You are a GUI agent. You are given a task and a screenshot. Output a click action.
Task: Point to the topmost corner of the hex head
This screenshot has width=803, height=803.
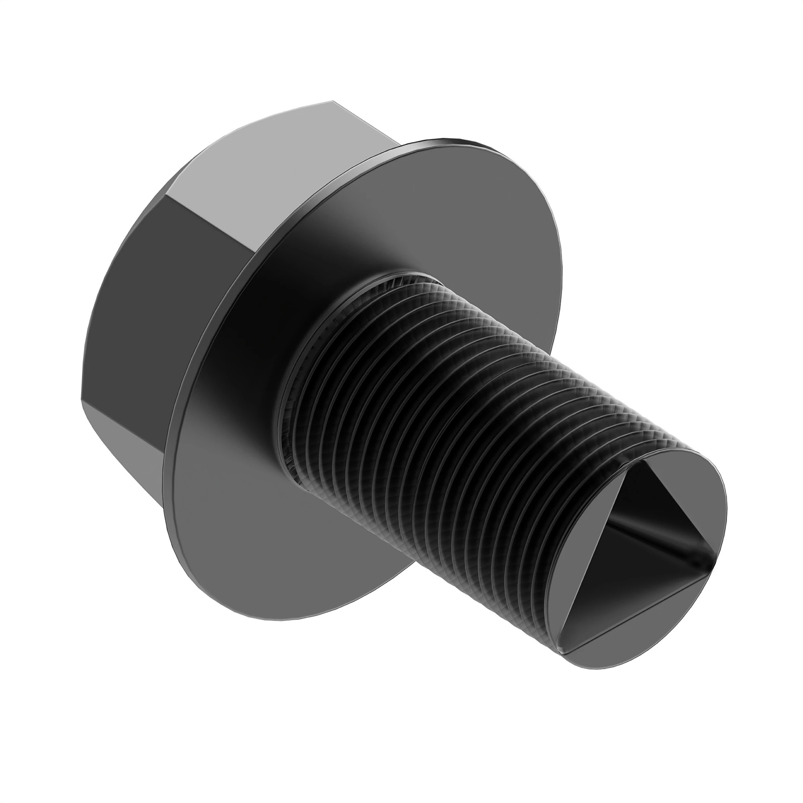332,101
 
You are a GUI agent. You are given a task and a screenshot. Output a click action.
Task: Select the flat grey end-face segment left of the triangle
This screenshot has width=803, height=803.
586,553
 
